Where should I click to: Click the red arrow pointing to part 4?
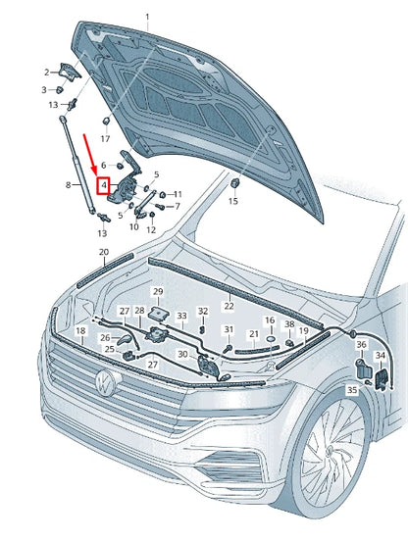click(90, 155)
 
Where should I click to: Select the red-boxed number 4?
click(103, 186)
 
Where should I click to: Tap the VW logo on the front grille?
click(105, 382)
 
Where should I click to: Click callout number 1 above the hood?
click(147, 17)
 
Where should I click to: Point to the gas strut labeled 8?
click(77, 166)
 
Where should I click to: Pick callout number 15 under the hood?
click(233, 201)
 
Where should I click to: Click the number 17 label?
click(105, 139)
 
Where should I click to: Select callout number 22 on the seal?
click(229, 306)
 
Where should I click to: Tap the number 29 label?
click(158, 292)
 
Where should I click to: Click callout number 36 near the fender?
click(361, 344)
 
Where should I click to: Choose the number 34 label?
click(380, 355)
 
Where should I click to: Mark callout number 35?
click(352, 390)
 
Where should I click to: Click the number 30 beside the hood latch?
click(182, 355)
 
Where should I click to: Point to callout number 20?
click(104, 252)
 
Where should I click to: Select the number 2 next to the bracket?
click(47, 73)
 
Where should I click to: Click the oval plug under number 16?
click(271, 339)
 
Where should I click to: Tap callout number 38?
click(289, 324)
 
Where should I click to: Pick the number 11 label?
click(178, 194)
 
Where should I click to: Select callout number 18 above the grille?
click(80, 331)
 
